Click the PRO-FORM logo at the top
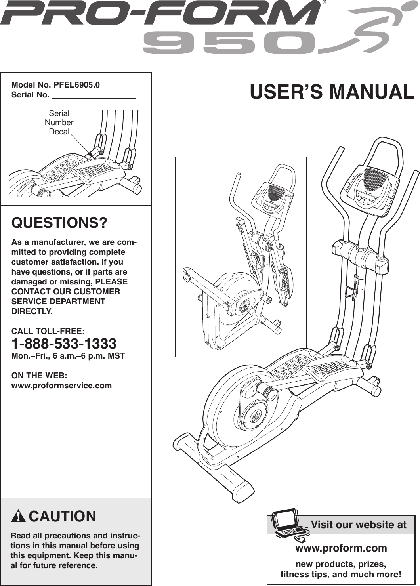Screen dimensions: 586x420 point(160,13)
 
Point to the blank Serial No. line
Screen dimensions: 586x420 point(94,95)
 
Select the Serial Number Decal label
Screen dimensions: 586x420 point(59,122)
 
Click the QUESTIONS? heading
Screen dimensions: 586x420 point(59,223)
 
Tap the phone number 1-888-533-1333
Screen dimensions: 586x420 point(64,343)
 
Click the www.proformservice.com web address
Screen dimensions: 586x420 point(61,386)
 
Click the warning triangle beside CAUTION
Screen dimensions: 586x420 point(18,517)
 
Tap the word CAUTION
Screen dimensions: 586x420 point(62,517)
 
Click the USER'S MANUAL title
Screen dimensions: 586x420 point(332,92)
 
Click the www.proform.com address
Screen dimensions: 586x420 point(341,548)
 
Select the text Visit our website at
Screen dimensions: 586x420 point(358,525)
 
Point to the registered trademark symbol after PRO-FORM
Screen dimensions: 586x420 point(325,3)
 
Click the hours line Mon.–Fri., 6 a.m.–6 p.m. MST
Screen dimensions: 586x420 point(68,356)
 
